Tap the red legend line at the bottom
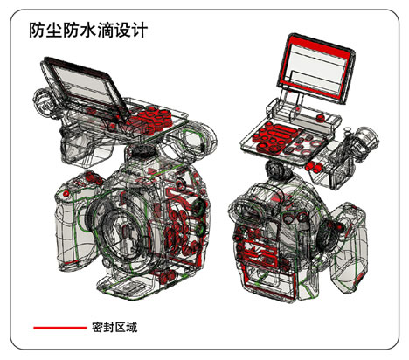[x=57, y=328]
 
